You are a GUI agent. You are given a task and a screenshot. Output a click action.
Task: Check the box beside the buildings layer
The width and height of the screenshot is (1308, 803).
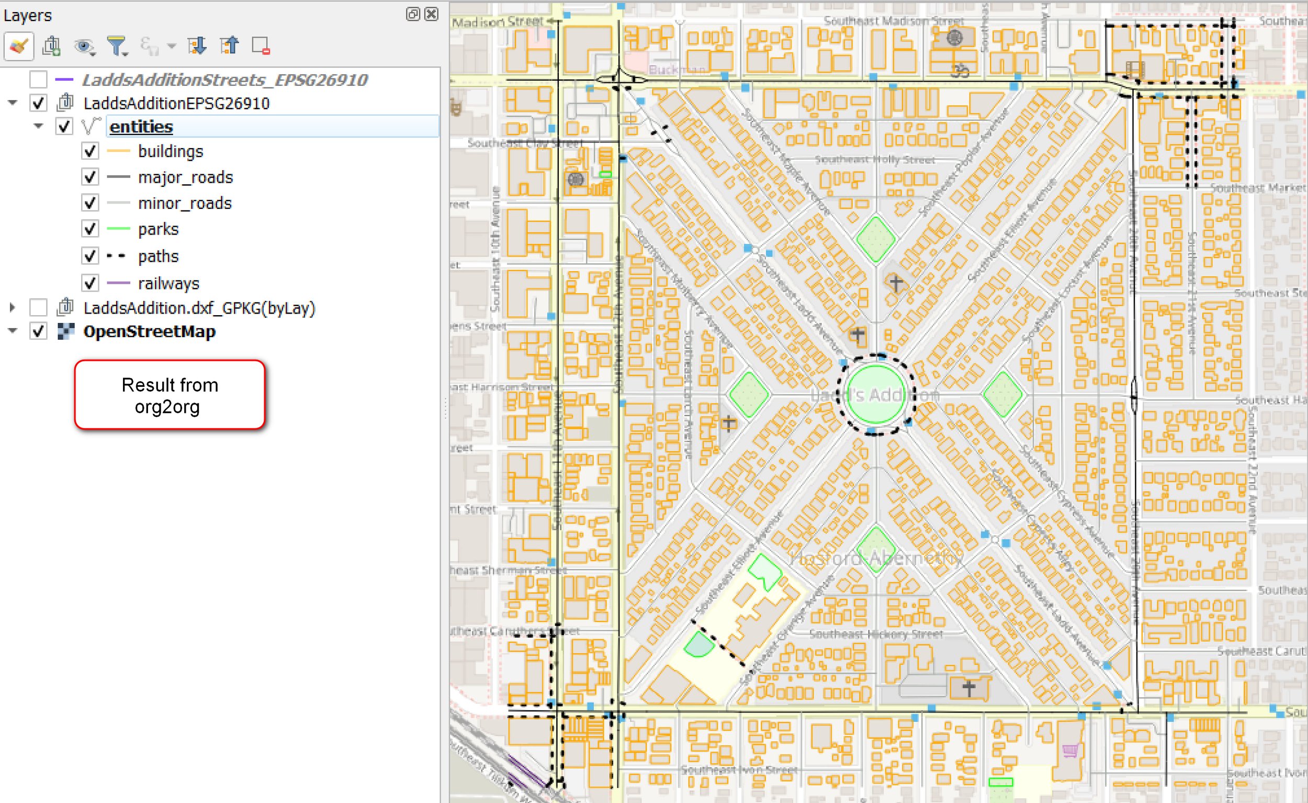(x=90, y=151)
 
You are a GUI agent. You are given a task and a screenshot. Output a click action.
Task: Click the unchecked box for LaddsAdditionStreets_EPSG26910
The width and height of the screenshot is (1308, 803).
(x=38, y=80)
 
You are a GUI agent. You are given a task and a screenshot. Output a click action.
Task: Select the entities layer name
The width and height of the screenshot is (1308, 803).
(x=141, y=127)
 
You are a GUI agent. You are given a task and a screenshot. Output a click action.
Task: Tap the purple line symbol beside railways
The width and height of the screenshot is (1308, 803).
(x=118, y=283)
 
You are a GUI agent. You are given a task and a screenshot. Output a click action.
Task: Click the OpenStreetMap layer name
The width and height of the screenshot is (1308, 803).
(x=149, y=331)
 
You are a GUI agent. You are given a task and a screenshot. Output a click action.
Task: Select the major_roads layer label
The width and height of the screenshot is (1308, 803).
(x=185, y=177)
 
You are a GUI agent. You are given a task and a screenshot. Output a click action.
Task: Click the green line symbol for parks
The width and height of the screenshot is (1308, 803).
(x=118, y=229)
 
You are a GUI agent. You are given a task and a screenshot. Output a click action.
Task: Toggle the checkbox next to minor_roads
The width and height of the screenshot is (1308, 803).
(x=90, y=203)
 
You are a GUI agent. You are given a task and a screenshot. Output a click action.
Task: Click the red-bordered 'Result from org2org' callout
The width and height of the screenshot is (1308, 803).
(x=170, y=395)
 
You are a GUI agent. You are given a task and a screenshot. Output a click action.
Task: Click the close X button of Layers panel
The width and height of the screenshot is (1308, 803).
(x=432, y=14)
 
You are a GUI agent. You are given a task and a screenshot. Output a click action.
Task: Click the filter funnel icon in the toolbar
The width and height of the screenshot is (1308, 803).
(x=116, y=46)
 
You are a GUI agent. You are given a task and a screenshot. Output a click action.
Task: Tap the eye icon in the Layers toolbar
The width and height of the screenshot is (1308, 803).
(x=84, y=46)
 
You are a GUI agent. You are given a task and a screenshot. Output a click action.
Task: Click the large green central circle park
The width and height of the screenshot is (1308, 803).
(x=875, y=395)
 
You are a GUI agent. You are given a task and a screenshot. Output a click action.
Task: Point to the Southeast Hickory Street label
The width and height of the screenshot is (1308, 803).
(x=876, y=634)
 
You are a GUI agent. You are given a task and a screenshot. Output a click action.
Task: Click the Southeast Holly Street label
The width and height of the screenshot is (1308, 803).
(x=875, y=160)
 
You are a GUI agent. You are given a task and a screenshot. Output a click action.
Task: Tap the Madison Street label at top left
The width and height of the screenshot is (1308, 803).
(x=498, y=22)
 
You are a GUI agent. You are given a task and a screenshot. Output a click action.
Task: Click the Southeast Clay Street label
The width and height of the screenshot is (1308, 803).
(x=524, y=143)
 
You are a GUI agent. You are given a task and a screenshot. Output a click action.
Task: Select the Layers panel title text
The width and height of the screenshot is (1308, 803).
(x=28, y=15)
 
